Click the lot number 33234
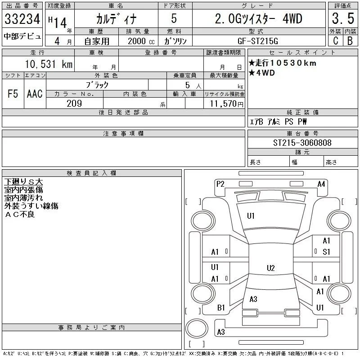tap(22, 19)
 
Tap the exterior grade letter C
tap(335, 40)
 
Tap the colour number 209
tap(74, 103)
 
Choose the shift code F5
tap(13, 94)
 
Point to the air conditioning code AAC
tap(35, 94)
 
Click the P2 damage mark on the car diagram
tap(220, 184)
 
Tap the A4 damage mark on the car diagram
tap(321, 184)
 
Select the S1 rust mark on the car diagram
tap(326, 252)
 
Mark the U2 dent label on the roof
tap(270, 268)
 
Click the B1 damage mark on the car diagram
tap(221, 308)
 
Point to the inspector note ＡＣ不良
tap(20, 214)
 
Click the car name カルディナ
tap(115, 19)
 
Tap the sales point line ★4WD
tap(262, 73)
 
